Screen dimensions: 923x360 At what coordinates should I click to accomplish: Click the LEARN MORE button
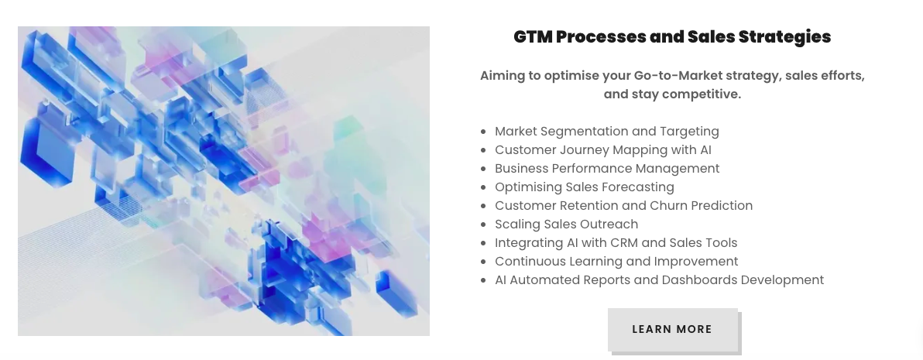click(672, 329)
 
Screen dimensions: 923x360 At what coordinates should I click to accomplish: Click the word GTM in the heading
click(532, 36)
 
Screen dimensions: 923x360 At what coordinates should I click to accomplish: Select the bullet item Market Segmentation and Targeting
click(607, 131)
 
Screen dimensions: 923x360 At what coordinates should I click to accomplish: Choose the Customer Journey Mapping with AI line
click(602, 150)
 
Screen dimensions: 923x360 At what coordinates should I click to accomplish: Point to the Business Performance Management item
click(607, 168)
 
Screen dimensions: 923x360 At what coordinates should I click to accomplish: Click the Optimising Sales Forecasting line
click(585, 187)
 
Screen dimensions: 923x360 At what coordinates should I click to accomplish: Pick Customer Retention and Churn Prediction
click(623, 205)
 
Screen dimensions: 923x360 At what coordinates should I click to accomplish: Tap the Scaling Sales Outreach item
click(566, 224)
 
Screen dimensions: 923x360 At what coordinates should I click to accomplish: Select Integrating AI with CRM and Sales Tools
click(616, 243)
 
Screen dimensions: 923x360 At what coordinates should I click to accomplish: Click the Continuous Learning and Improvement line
click(616, 261)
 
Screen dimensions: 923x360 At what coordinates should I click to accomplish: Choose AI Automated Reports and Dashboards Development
click(659, 280)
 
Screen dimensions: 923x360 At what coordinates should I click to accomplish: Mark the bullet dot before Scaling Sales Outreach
click(484, 225)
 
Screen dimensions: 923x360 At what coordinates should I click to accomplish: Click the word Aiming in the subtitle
click(500, 76)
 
